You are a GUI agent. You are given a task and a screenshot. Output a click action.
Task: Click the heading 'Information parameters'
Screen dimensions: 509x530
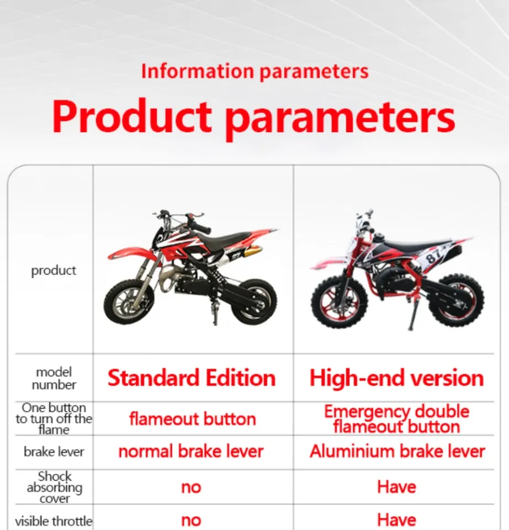255,72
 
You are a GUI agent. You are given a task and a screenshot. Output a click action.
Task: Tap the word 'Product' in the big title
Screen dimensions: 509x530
132,116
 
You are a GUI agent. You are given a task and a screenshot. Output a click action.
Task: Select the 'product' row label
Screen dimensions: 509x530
54,271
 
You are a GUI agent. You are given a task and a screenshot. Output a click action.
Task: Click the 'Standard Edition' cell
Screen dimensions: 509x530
192,378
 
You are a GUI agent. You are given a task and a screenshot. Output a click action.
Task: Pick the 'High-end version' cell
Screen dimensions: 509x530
397,378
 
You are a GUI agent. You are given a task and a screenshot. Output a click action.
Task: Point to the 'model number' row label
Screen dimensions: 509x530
54,378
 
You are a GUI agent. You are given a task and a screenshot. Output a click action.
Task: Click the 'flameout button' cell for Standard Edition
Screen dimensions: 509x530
192,419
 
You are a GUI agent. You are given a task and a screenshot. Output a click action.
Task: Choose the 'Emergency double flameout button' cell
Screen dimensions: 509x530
397,419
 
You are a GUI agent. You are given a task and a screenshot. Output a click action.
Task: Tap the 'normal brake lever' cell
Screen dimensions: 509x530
191,451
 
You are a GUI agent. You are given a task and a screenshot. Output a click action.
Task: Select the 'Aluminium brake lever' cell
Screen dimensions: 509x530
397,451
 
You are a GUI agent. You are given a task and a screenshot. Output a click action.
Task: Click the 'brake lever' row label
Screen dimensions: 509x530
54,452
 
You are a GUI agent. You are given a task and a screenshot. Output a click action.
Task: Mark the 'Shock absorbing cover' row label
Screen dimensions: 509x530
55,487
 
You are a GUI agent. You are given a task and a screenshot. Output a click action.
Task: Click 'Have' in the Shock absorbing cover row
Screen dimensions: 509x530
396,487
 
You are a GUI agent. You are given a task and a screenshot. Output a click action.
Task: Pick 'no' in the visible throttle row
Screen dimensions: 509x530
191,521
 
